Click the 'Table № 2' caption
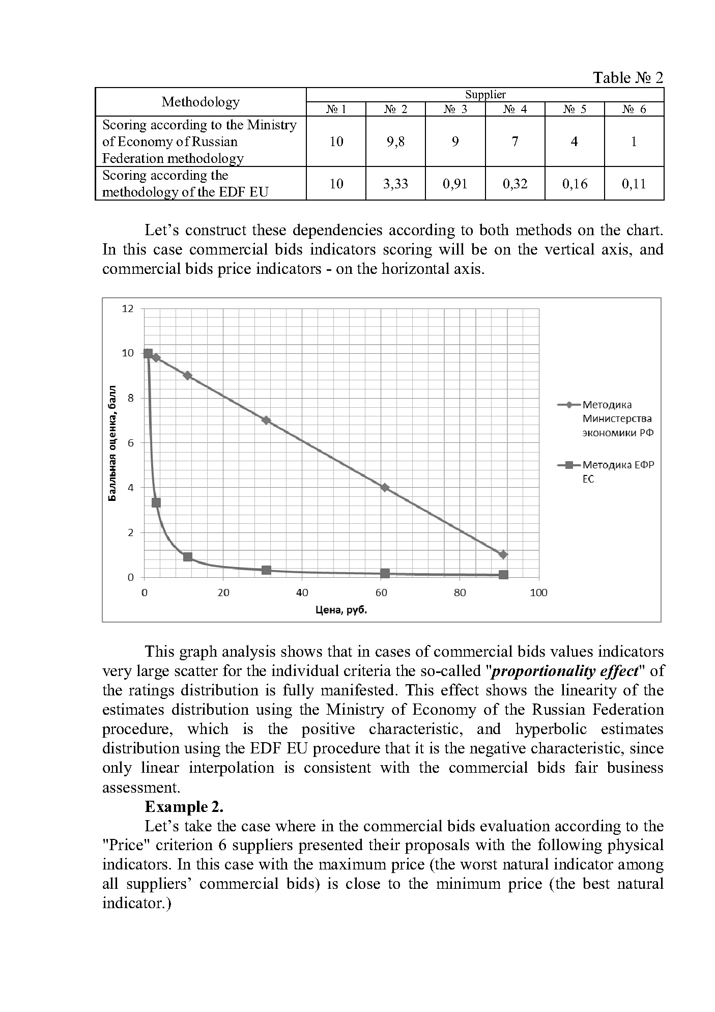click(x=628, y=77)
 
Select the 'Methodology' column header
click(x=201, y=102)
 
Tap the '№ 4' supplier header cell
click(x=514, y=109)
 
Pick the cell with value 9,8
click(x=395, y=142)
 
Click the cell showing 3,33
click(x=395, y=183)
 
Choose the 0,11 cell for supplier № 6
click(x=634, y=183)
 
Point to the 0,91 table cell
click(x=455, y=183)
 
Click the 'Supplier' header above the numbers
click(x=485, y=95)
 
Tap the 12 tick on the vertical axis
click(x=128, y=308)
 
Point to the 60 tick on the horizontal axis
click(x=381, y=593)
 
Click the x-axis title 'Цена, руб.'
click(x=341, y=610)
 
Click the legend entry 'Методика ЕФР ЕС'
click(x=618, y=471)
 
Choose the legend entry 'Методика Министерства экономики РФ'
click(x=617, y=418)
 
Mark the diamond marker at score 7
click(x=266, y=420)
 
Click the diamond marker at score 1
click(x=503, y=554)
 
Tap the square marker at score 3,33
click(x=156, y=502)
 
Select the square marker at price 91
click(x=503, y=575)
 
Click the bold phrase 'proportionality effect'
click(x=565, y=671)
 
